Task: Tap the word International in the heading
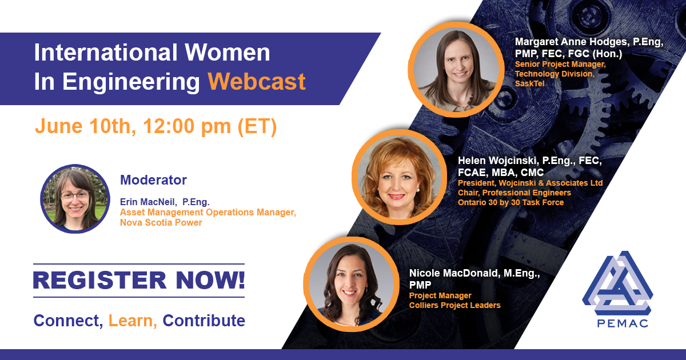(106, 53)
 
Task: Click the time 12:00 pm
(187, 126)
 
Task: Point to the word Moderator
(153, 180)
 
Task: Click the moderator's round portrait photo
(75, 199)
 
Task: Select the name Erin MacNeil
(147, 202)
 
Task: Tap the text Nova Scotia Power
(161, 222)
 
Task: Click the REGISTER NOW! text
(139, 280)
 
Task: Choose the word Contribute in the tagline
(204, 321)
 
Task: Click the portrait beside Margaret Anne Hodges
(456, 70)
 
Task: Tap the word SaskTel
(530, 83)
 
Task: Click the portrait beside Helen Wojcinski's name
(400, 177)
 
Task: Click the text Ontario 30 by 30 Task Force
(511, 202)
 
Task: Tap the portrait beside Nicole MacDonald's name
(351, 284)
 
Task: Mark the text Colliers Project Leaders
(455, 305)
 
